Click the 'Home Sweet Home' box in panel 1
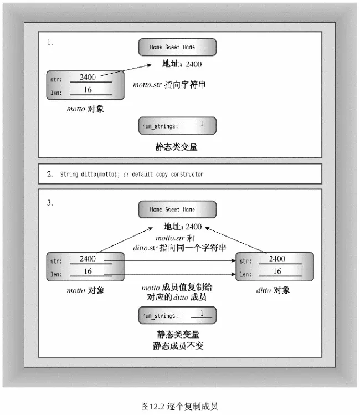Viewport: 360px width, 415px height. pos(177,47)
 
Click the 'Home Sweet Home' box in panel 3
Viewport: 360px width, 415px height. pos(177,209)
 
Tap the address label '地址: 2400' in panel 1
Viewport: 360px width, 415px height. pos(182,64)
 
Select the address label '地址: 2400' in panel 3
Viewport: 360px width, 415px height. pos(183,227)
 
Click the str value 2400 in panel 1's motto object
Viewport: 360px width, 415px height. pos(88,77)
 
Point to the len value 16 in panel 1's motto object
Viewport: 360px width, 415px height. pos(88,90)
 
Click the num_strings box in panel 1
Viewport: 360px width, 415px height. pos(177,125)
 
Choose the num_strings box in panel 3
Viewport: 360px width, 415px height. pos(177,315)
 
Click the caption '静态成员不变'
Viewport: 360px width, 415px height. pos(178,346)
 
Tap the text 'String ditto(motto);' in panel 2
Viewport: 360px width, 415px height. pos(90,174)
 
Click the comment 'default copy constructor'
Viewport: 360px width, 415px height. pos(168,174)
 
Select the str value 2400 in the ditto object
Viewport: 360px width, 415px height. pos(277,259)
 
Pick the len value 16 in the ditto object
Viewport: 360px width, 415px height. pos(277,271)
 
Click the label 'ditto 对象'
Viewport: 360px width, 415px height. pos(273,290)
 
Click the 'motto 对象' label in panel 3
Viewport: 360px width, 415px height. pos(86,290)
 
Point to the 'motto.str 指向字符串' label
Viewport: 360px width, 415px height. pos(169,85)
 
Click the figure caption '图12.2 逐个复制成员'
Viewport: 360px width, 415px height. pos(179,406)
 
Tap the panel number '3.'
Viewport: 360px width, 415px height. pos(50,203)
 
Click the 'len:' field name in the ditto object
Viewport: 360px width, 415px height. pos(245,274)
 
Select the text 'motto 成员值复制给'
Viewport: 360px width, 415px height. pos(177,287)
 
